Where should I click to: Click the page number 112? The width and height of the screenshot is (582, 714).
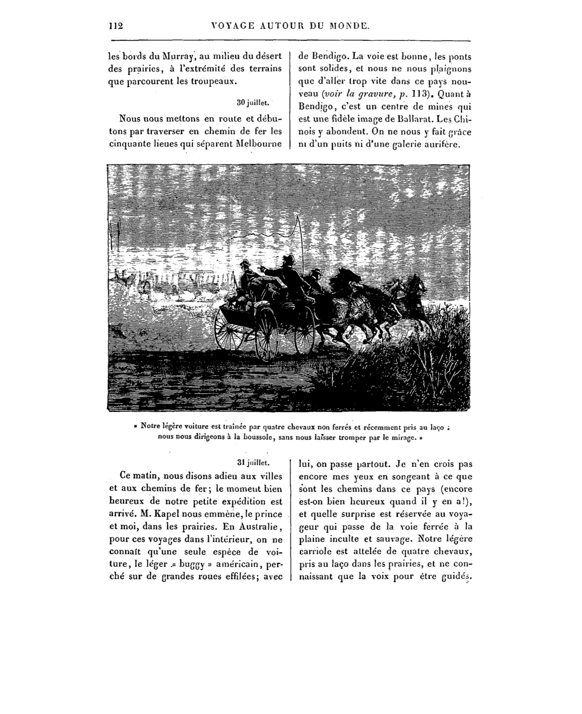click(x=116, y=26)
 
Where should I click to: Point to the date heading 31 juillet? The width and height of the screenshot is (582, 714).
click(x=253, y=462)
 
